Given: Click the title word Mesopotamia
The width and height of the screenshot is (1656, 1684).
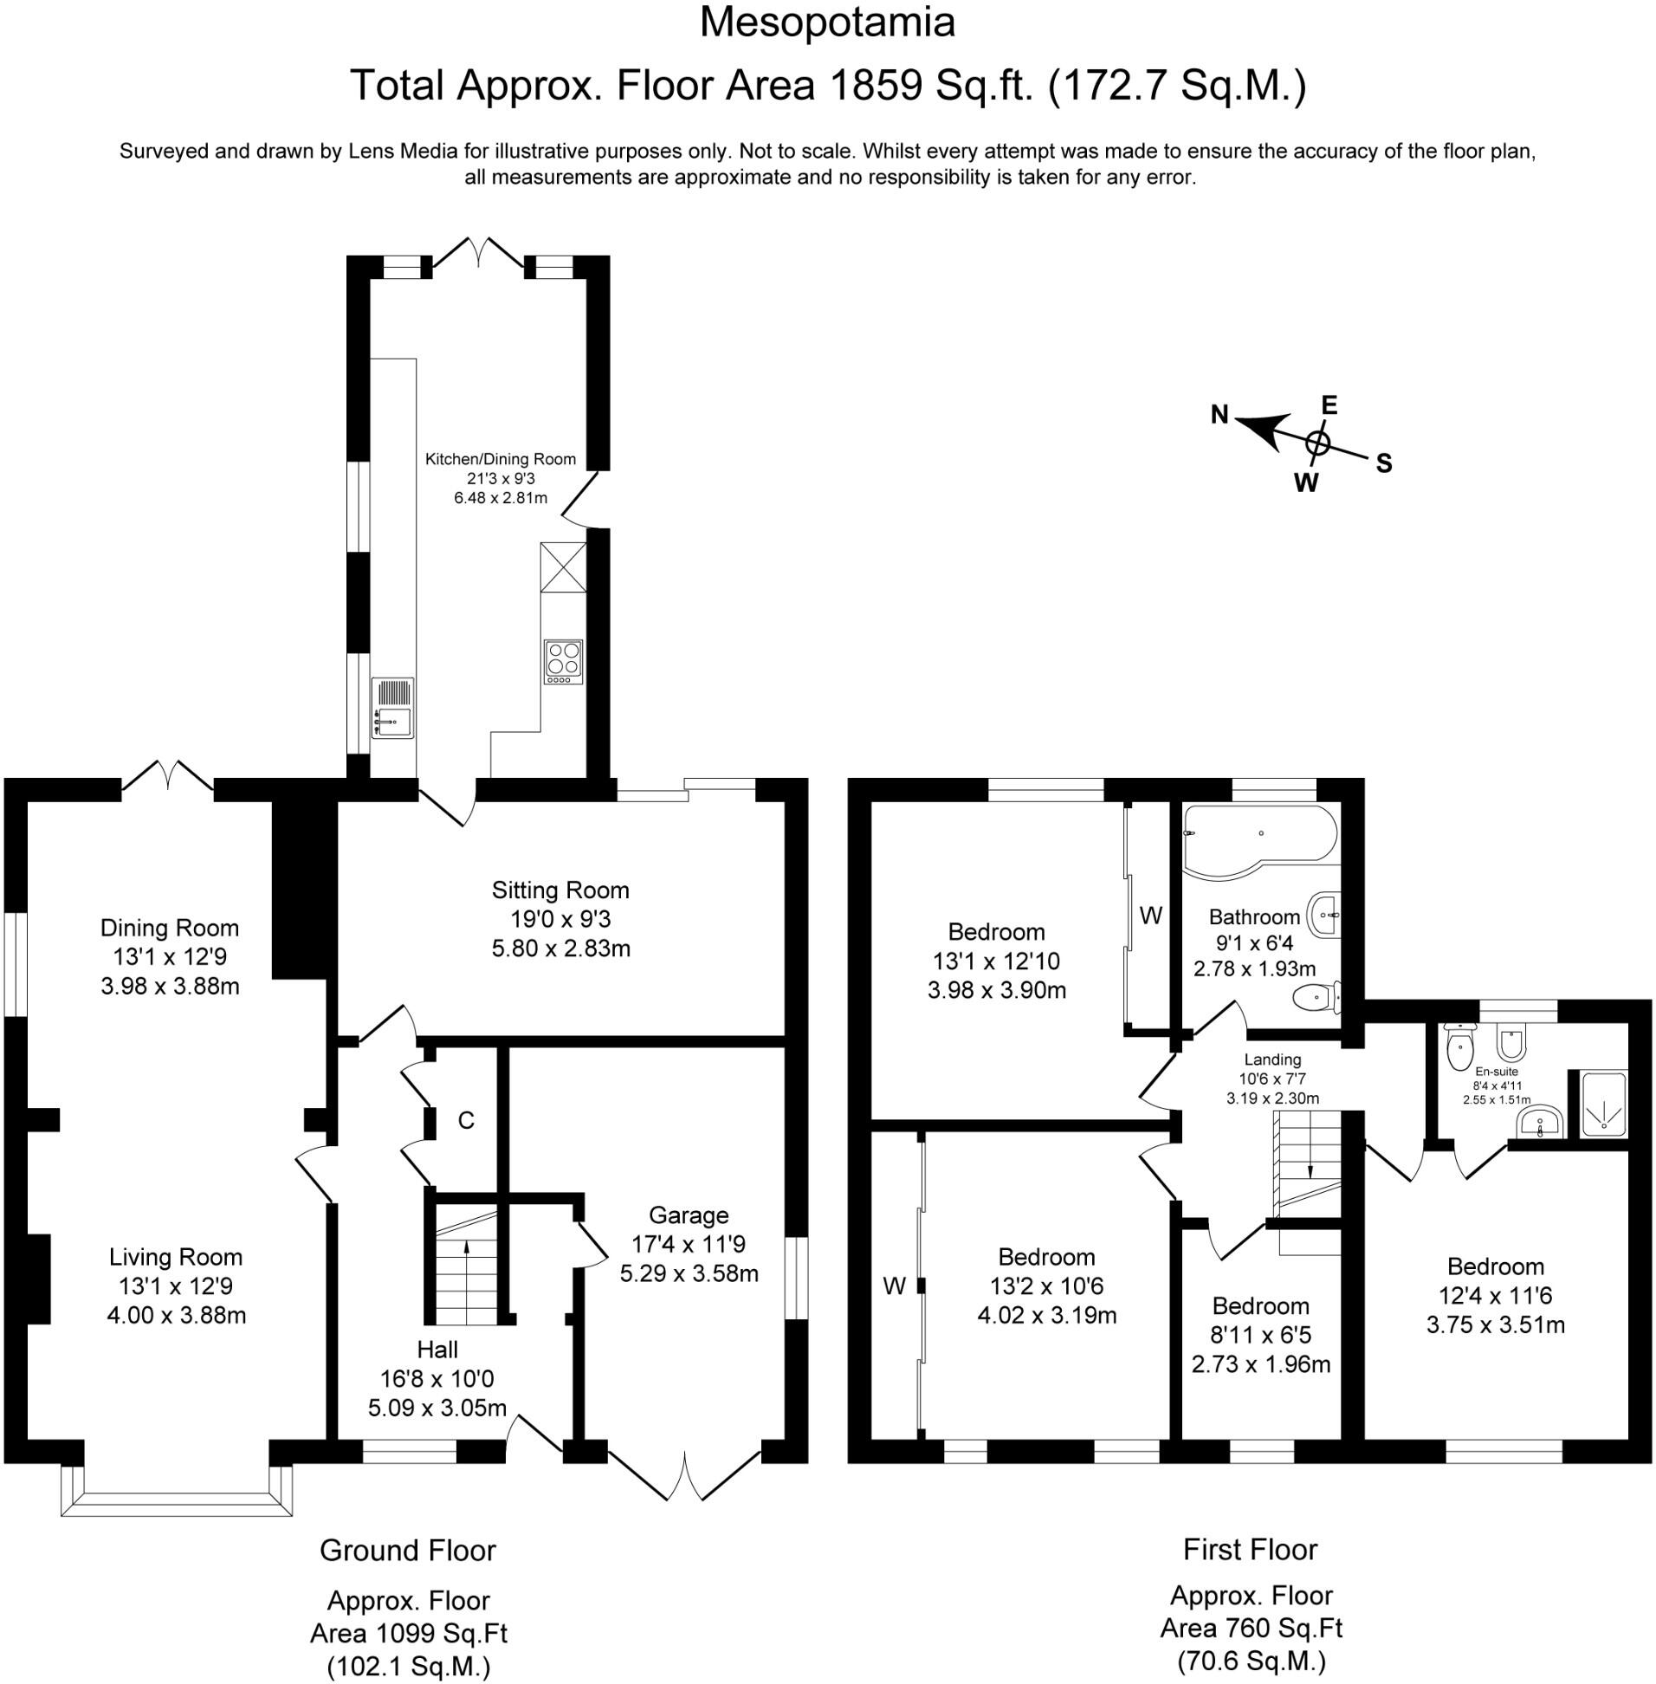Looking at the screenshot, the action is click(827, 23).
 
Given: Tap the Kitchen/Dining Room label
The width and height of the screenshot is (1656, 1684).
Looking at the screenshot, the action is click(500, 459).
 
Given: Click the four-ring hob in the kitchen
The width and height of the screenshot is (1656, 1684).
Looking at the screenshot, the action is click(564, 662).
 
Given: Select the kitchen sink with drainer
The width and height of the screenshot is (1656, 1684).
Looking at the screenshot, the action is click(393, 707).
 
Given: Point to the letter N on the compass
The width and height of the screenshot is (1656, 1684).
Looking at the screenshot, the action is click(1220, 415).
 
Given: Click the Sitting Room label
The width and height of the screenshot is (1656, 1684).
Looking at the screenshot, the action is click(560, 891).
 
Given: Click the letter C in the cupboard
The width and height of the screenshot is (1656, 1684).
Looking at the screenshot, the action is click(466, 1120).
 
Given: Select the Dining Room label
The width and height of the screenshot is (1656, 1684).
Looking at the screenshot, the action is click(170, 928).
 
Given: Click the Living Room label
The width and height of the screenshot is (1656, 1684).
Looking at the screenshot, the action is click(176, 1257).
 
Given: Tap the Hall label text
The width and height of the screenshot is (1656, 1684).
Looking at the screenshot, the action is click(437, 1350).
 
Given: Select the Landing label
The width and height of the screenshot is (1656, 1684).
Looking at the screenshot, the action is click(1272, 1059).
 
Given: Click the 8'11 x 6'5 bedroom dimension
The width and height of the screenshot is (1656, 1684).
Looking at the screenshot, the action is click(1261, 1334).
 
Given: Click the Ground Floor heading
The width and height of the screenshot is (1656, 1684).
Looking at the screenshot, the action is click(408, 1551).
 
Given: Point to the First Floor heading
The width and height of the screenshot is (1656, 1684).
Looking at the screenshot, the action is click(1250, 1549).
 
